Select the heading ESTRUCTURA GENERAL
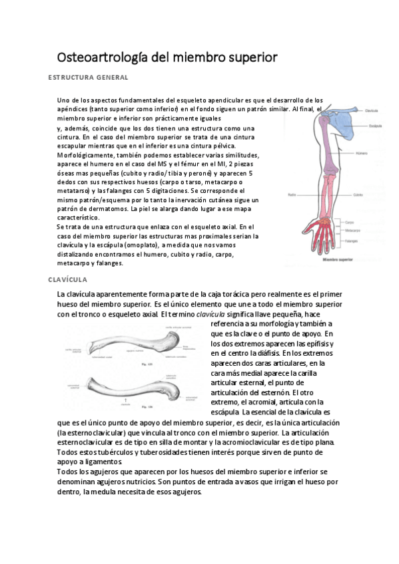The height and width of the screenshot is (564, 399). [x=88, y=78]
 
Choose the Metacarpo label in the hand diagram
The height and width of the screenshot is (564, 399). [x=354, y=229]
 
